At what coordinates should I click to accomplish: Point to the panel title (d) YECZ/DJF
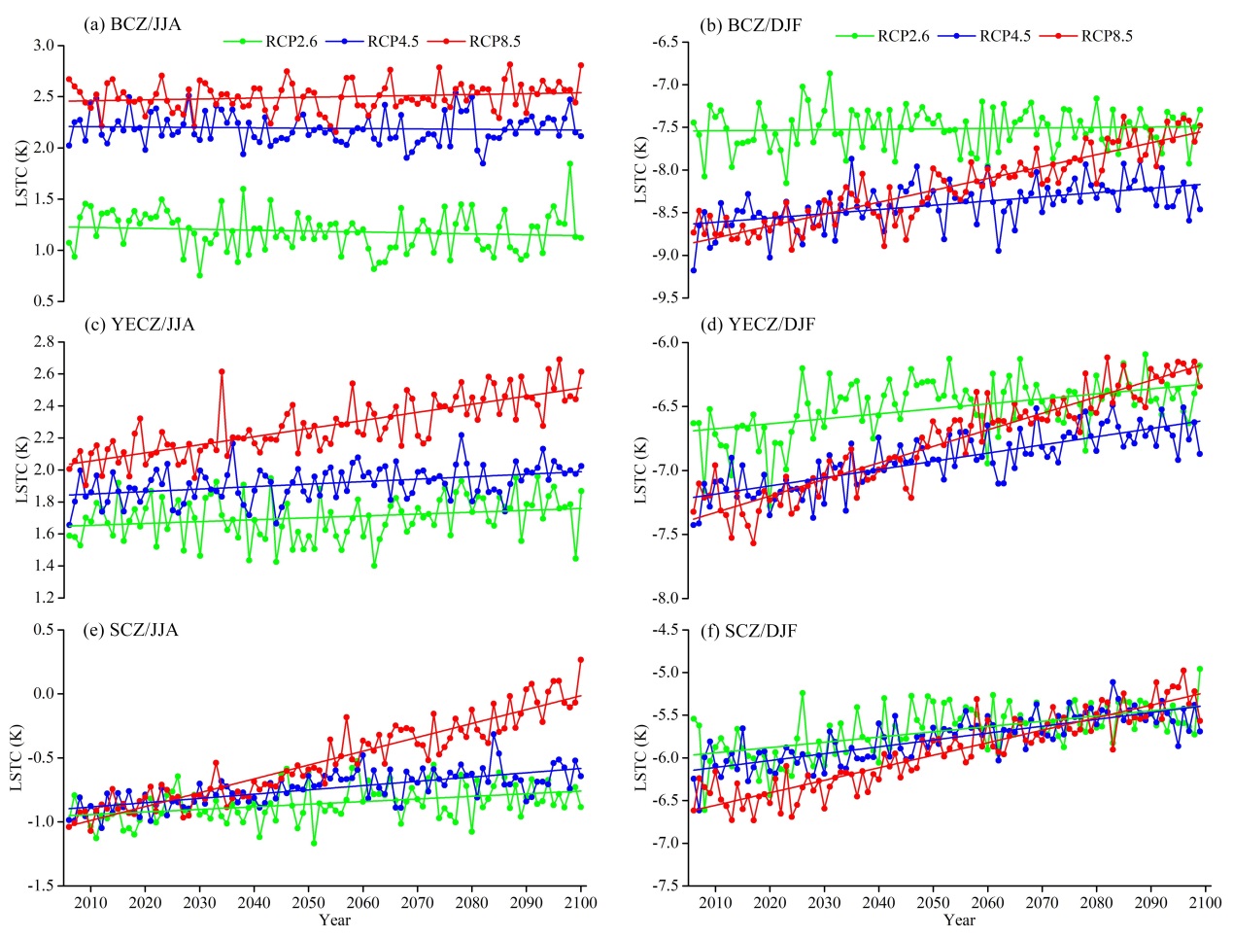point(757,324)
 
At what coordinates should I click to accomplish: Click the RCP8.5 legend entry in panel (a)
point(495,41)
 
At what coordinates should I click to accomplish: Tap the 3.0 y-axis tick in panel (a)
point(43,46)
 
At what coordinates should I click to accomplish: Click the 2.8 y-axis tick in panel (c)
point(43,342)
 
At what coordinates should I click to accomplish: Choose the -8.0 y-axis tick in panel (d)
point(664,598)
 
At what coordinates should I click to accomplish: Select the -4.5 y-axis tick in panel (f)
point(664,629)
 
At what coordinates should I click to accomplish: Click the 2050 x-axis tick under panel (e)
point(309,902)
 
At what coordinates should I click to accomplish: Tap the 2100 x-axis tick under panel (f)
point(1206,902)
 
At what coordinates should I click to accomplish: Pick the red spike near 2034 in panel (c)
point(223,371)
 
